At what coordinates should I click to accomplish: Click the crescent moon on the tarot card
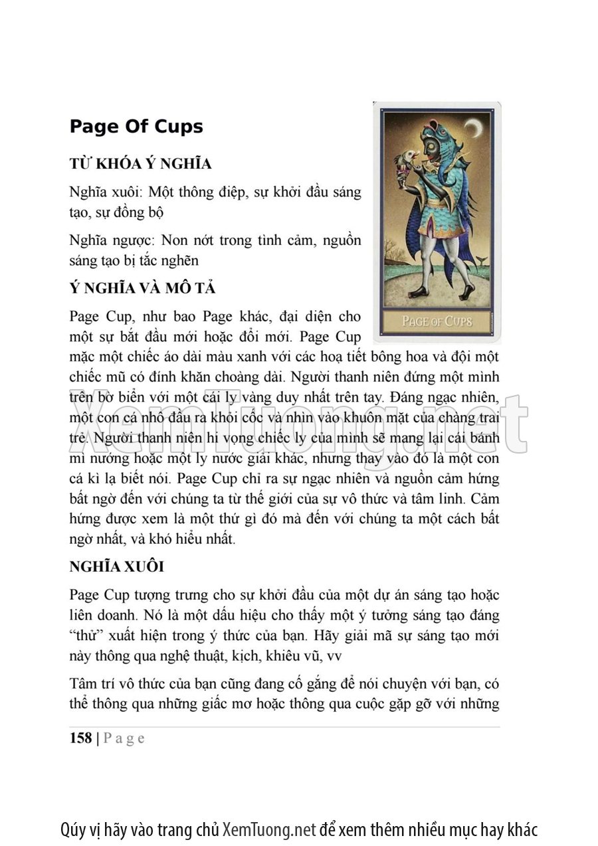tap(472, 128)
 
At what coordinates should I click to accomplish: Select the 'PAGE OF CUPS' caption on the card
tap(437, 321)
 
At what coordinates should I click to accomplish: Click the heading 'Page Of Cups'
tap(136, 127)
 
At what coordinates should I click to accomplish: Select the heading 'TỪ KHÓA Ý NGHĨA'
tap(140, 164)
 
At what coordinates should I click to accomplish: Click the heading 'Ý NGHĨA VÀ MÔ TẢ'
tap(142, 289)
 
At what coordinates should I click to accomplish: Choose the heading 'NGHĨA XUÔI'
tap(117, 567)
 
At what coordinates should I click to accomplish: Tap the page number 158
tap(80, 738)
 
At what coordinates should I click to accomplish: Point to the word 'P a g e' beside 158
tap(124, 738)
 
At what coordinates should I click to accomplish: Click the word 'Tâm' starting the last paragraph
tap(83, 684)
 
